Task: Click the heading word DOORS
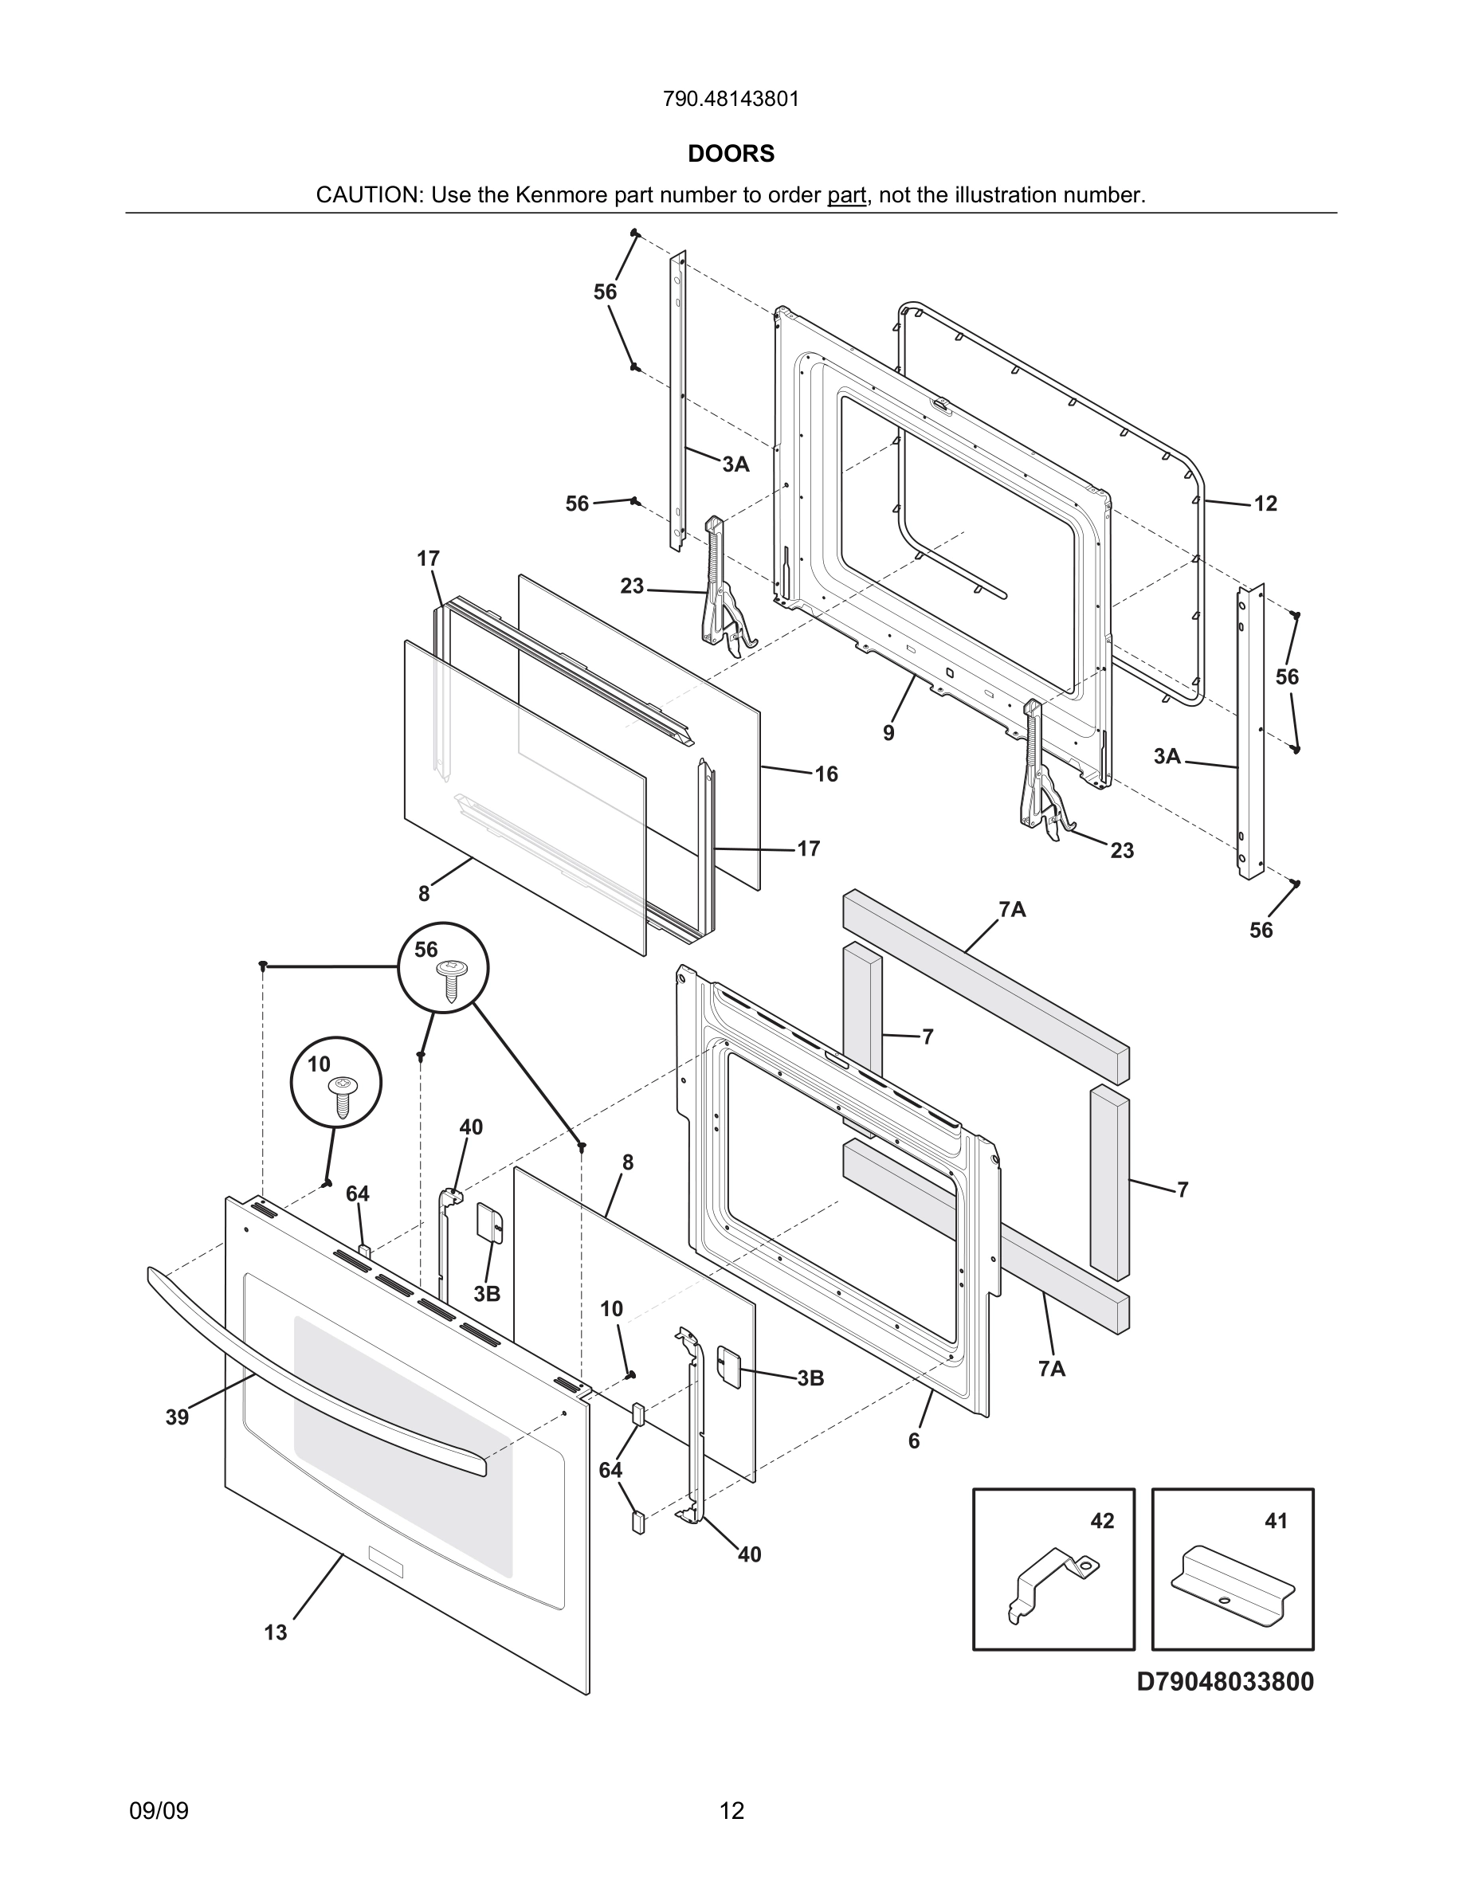(x=731, y=154)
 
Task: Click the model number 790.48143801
(x=731, y=99)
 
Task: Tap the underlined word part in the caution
(x=847, y=195)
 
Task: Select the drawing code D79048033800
(x=1225, y=1682)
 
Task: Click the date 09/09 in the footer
(x=159, y=1811)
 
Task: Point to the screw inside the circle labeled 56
(x=451, y=980)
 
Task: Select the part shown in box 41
(x=1232, y=1583)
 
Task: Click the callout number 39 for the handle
(x=177, y=1417)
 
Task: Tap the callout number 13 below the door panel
(x=276, y=1632)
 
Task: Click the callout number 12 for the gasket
(x=1265, y=504)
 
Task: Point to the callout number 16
(x=826, y=774)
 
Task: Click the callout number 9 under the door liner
(x=888, y=733)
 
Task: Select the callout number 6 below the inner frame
(x=913, y=1440)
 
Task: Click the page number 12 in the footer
(x=731, y=1811)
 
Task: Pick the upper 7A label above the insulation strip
(x=1011, y=909)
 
